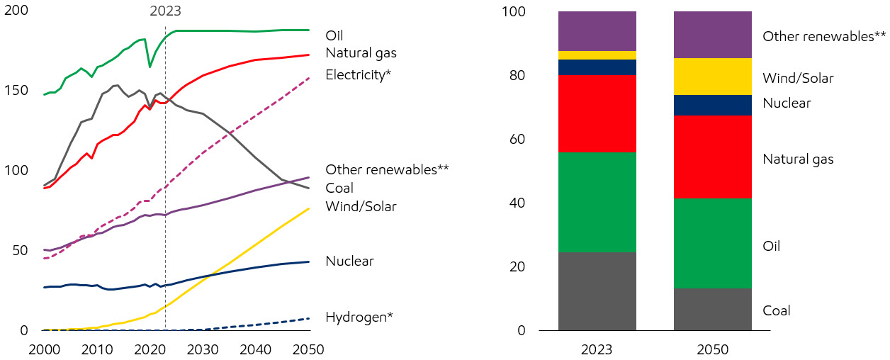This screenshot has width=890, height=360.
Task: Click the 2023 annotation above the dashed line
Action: tap(165, 11)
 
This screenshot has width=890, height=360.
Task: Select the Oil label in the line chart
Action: tap(334, 35)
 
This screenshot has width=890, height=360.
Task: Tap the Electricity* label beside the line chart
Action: tap(358, 74)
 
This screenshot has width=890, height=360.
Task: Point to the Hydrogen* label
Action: tap(359, 317)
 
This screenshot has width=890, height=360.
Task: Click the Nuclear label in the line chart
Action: tap(349, 261)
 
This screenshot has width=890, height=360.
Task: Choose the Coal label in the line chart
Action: tap(339, 188)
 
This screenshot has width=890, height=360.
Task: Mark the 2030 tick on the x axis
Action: tap(203, 349)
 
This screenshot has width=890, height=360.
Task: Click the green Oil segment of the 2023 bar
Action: tap(597, 202)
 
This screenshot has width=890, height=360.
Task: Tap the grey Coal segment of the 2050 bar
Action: tap(712, 309)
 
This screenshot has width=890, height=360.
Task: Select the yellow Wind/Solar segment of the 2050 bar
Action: tap(712, 77)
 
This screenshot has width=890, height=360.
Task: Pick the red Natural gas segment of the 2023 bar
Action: tap(597, 113)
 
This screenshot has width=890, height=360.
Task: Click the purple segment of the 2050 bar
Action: tap(712, 35)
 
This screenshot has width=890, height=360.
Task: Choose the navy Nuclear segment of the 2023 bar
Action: tap(597, 67)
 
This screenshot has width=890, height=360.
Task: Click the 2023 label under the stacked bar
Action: tap(597, 349)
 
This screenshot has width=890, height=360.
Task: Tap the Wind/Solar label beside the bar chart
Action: tap(798, 78)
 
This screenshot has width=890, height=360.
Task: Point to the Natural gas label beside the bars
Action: tap(798, 159)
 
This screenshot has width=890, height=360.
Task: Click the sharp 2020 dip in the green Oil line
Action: tap(150, 67)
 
